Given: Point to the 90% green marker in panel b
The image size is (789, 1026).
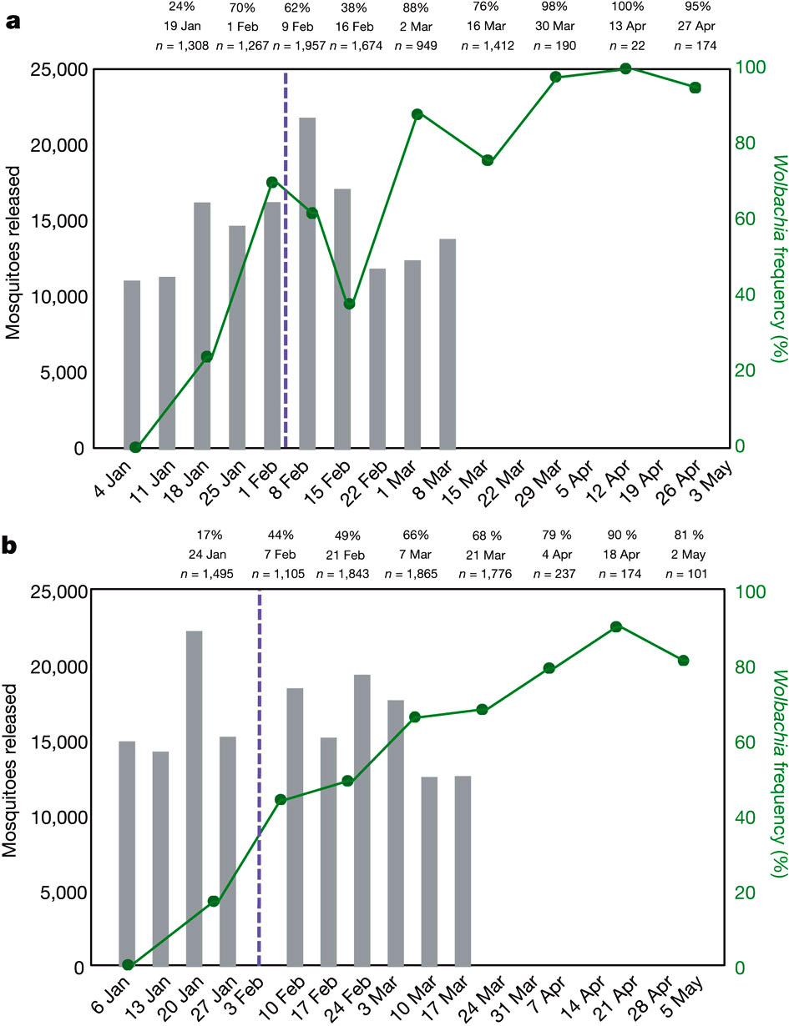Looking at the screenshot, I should click(x=615, y=626).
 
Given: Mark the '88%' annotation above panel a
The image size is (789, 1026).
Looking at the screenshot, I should click(x=417, y=8).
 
